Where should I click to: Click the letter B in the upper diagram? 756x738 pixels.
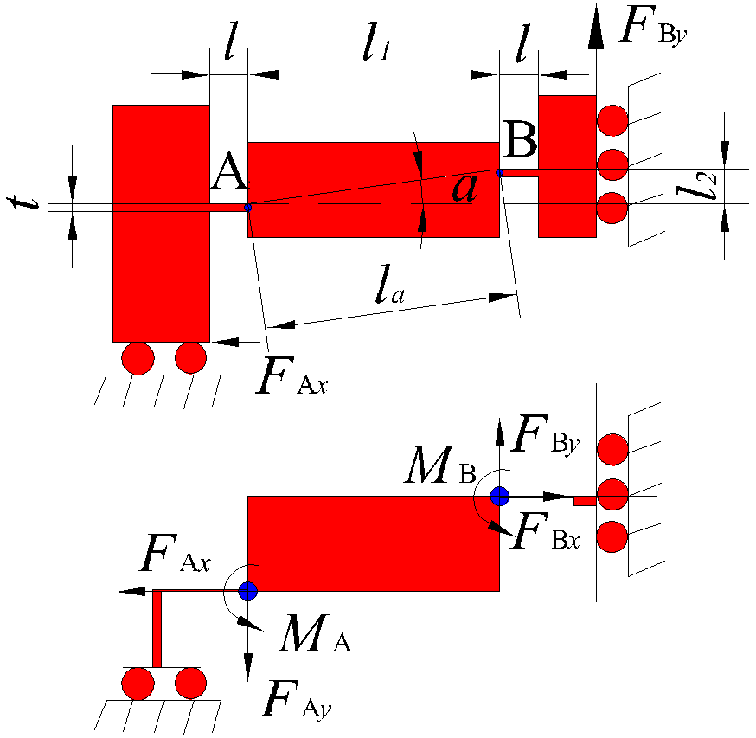pos(521,139)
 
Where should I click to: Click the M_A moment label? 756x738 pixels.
pos(315,638)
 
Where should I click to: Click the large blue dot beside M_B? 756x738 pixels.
pos(499,496)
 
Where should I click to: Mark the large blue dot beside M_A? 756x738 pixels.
pos(248,591)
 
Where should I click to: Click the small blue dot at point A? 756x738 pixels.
pos(248,208)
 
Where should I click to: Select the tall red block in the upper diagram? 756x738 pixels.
pos(161,223)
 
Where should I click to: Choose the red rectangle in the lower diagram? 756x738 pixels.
pos(374,543)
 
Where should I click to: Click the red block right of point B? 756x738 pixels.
pos(567,166)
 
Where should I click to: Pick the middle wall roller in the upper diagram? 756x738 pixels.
pos(612,163)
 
